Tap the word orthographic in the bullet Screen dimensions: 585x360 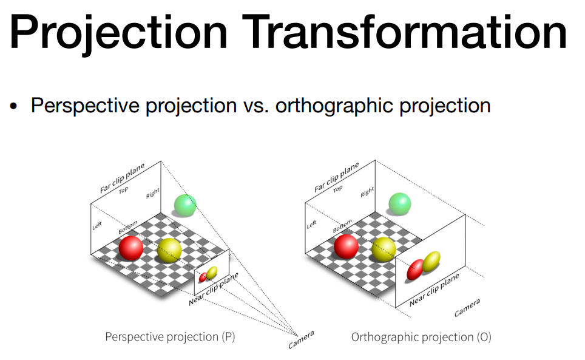click(334, 106)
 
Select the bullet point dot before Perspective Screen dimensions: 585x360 click(14, 106)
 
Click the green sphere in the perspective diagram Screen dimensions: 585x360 click(185, 205)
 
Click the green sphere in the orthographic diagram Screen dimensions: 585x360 click(400, 204)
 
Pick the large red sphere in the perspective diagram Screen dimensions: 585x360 click(131, 248)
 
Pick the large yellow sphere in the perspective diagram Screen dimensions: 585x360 click(169, 250)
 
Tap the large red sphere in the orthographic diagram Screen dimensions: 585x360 click(347, 246)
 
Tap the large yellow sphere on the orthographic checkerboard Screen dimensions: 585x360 click(384, 249)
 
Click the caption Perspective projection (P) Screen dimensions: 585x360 click(170, 337)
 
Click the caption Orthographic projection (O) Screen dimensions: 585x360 click(421, 338)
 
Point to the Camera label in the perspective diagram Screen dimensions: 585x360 click(301, 339)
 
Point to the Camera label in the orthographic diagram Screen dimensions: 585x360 click(467, 308)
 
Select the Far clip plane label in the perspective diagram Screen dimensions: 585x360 click(122, 178)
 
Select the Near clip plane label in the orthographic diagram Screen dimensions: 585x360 click(435, 290)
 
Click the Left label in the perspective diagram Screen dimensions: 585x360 click(97, 226)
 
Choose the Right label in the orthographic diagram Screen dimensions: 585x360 click(367, 192)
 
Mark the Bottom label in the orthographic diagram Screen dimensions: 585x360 click(342, 226)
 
